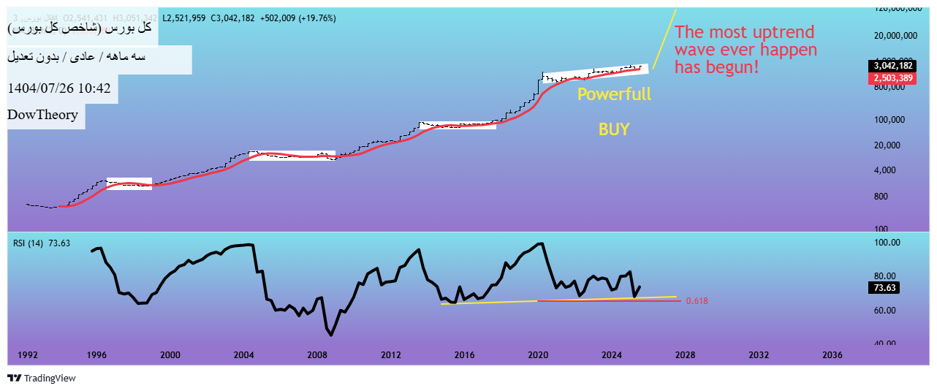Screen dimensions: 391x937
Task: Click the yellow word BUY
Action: pyautogui.click(x=614, y=129)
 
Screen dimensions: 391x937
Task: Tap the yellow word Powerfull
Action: pyautogui.click(x=614, y=94)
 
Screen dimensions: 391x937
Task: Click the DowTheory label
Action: pyautogui.click(x=42, y=115)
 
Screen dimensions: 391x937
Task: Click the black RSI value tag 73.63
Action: pyautogui.click(x=884, y=288)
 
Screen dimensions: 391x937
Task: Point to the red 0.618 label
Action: pyautogui.click(x=697, y=301)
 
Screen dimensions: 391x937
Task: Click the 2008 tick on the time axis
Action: pyautogui.click(x=317, y=355)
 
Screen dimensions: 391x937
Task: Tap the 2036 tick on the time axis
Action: pyautogui.click(x=832, y=355)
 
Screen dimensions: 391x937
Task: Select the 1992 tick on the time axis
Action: pyautogui.click(x=28, y=355)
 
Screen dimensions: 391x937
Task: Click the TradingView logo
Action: pyautogui.click(x=42, y=378)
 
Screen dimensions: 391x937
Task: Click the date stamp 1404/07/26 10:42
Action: pyautogui.click(x=58, y=88)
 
